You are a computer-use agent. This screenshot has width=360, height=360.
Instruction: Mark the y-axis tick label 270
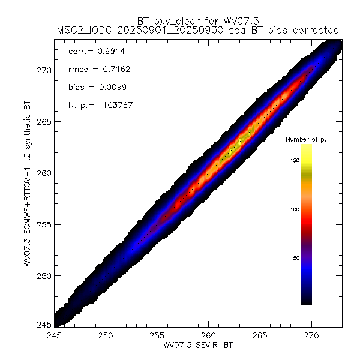point(44,70)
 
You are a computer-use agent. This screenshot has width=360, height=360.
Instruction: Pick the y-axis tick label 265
point(44,121)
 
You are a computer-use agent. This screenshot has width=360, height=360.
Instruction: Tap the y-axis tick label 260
point(44,173)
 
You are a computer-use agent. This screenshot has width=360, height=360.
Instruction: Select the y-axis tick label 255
point(44,224)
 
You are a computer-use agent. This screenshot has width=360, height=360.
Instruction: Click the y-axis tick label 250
point(44,276)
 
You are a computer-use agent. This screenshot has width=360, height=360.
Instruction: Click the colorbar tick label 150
point(292,160)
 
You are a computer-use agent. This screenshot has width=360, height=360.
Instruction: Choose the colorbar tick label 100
point(292,209)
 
